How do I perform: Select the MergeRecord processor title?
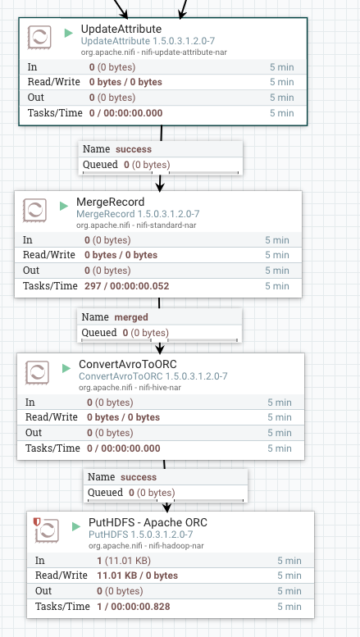coord(111,202)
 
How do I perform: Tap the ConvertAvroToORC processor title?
coord(129,364)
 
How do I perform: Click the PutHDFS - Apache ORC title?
coord(148,522)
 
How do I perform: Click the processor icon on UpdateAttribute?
coord(40,38)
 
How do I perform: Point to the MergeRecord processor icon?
coord(35,211)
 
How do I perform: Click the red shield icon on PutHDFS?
coord(37,521)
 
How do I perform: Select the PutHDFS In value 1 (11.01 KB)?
coord(123,561)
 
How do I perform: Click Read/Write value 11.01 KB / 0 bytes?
coord(132,576)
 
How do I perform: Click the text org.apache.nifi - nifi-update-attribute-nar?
coord(154,52)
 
